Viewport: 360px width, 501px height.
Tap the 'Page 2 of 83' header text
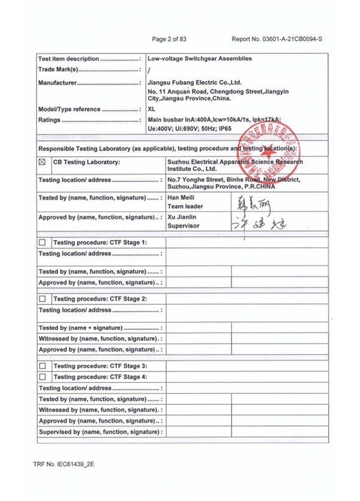(169, 39)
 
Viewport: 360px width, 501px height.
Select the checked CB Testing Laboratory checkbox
(42, 162)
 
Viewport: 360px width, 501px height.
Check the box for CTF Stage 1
(42, 242)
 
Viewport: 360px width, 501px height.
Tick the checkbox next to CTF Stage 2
(42, 298)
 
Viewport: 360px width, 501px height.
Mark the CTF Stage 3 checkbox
(42, 365)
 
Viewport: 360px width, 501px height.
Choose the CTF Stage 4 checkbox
(42, 377)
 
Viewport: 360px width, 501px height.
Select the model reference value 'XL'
(151, 109)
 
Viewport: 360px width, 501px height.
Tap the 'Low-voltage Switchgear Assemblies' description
(199, 59)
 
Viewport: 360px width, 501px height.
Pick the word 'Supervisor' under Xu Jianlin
(184, 226)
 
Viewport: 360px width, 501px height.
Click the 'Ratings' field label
(49, 120)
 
